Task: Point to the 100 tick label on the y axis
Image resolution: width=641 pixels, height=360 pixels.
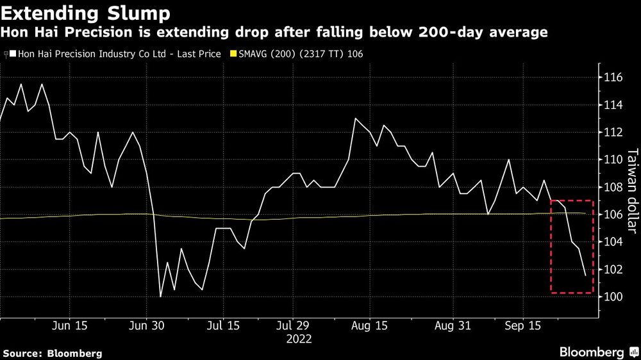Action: coord(613,297)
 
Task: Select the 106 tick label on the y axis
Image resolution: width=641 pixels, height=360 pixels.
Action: coord(613,215)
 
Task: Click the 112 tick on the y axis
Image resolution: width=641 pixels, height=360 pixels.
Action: coord(613,133)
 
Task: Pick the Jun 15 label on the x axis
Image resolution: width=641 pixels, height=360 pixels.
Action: coord(69,325)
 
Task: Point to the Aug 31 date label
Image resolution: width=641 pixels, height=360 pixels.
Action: coord(453,325)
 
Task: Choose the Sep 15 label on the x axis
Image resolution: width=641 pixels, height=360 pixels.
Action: coord(522,325)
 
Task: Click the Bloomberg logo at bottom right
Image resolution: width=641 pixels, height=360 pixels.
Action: coord(593,352)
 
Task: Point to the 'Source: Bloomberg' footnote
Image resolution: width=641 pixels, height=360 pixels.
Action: coord(53,353)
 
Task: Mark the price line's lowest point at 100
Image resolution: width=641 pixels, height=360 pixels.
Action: coord(160,296)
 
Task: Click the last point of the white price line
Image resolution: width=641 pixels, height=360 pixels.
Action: coord(585,275)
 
